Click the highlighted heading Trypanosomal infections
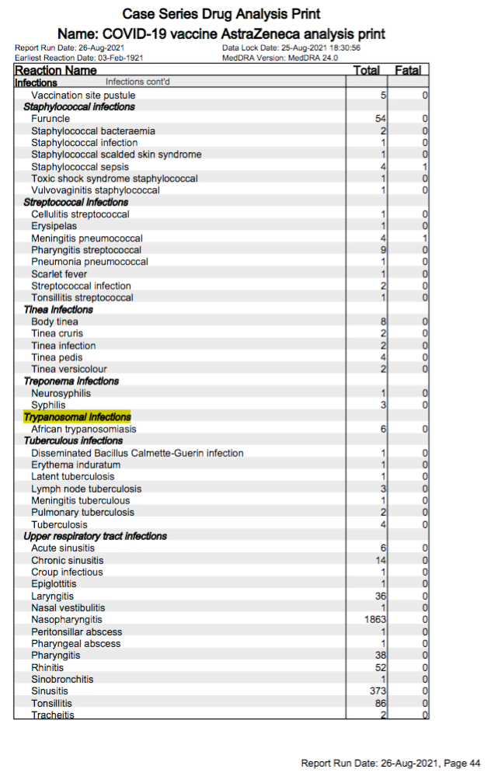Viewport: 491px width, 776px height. tap(77, 417)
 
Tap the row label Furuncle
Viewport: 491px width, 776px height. tap(50, 119)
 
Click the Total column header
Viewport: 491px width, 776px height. tap(366, 71)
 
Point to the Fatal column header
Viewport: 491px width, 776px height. tap(408, 71)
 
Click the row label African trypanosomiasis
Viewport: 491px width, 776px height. tap(84, 430)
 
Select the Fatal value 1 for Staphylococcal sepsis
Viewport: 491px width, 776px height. tap(425, 167)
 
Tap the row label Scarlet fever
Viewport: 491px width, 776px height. tap(59, 274)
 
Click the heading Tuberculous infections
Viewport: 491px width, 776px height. tap(73, 441)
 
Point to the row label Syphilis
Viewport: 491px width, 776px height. tap(48, 405)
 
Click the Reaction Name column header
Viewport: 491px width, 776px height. tap(56, 71)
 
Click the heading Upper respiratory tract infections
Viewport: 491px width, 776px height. tap(96, 537)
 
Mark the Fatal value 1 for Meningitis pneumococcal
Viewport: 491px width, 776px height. tap(425, 238)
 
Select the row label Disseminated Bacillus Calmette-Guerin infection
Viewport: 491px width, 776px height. tap(138, 453)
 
